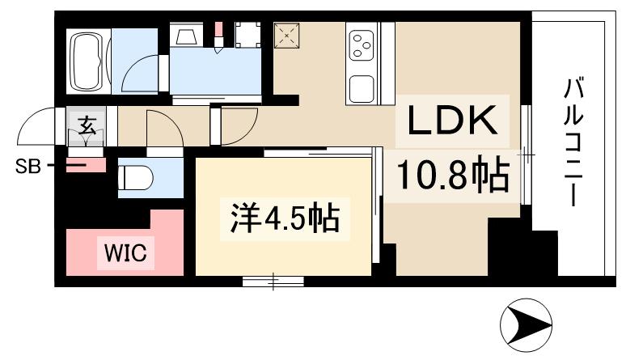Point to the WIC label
124,254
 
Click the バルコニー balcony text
575,142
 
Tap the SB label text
27,167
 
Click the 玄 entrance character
85,126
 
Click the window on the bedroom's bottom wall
273,281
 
